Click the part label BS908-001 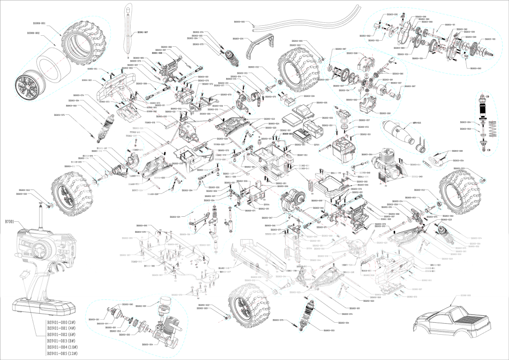tap(40, 23)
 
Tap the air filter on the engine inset tap(165, 304)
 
